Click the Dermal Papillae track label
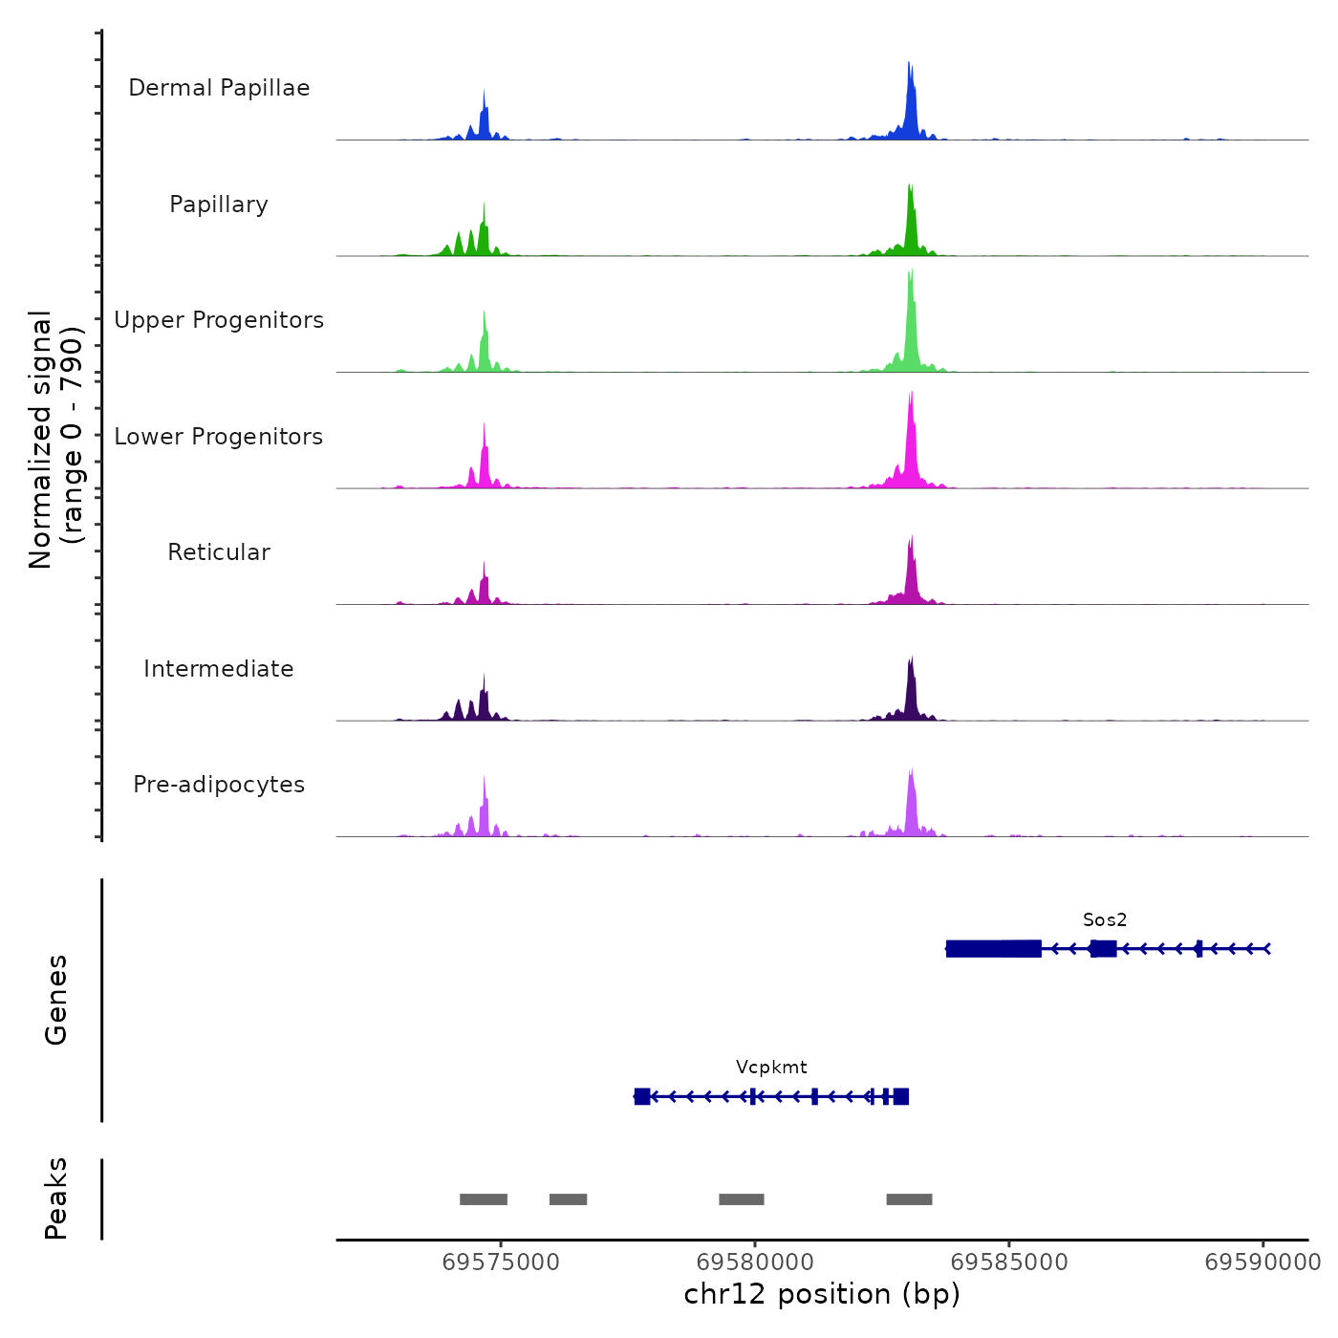219,88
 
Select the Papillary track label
219,205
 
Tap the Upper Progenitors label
219,320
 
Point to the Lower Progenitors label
219,437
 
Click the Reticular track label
219,552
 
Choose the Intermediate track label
219,669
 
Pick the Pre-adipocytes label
219,785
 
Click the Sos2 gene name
1105,919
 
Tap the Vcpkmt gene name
771,1067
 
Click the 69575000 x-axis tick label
501,1262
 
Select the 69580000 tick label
755,1262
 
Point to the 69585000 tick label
1009,1262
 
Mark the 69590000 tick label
1262,1262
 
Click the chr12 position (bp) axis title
822,1294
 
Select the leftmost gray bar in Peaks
484,1199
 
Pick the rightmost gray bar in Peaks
909,1199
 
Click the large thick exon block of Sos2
994,948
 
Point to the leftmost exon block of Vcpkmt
642,1096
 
